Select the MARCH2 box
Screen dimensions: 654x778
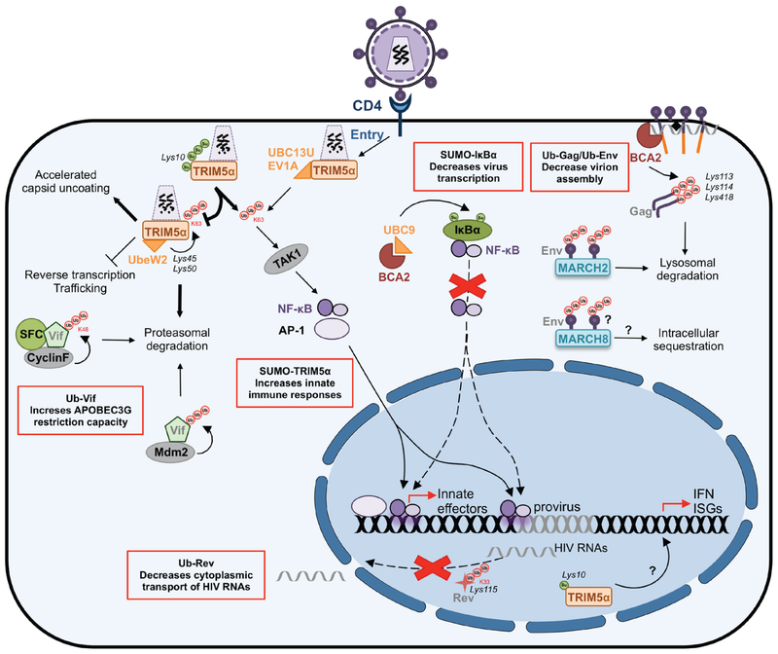[583, 267]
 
